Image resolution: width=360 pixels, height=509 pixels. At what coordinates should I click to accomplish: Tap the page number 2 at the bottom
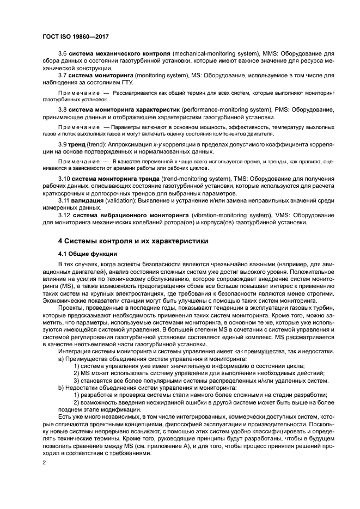coord(45,462)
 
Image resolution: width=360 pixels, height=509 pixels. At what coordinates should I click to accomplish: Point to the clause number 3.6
coord(62,54)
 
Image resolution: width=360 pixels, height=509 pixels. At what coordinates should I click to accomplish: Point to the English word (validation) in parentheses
coord(122,200)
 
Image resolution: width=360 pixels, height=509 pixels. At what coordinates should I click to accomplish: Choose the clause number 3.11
coord(64,200)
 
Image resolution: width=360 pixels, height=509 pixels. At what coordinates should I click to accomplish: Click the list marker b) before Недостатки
coord(60,388)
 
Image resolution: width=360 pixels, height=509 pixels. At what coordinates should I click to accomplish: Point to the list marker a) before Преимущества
coord(60,359)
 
